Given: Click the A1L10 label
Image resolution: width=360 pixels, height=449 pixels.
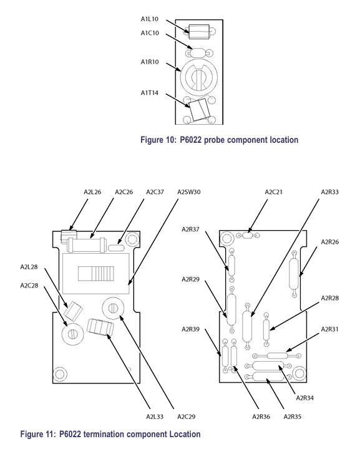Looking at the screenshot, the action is pos(149,19).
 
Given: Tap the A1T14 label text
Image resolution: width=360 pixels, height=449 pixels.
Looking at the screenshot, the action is pos(149,93).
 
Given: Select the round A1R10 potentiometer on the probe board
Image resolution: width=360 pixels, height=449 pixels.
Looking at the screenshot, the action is pos(199,77).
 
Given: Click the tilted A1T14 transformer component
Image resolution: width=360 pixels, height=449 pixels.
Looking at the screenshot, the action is pos(199,110).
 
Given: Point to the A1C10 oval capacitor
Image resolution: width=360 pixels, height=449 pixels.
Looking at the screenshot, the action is pos(199,53).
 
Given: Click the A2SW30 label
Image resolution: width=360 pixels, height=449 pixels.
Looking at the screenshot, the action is pos(189,192).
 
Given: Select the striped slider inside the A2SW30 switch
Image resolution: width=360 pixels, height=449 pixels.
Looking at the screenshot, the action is pos(96,274).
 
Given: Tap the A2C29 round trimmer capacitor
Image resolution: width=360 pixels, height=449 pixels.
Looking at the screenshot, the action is pos(113,308).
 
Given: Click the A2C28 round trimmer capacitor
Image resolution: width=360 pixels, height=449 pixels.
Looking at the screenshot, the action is pos(73,334).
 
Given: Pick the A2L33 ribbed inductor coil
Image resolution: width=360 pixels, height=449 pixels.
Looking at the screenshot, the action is pos(100,327).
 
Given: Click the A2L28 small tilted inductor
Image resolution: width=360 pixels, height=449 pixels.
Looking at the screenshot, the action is pos(73,311).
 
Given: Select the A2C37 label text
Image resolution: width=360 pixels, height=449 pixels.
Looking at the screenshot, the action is pos(155,192).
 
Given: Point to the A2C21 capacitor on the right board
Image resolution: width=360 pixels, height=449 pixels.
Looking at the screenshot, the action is pos(248,235).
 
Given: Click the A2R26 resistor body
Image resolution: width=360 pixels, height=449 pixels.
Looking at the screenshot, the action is pos(294,274).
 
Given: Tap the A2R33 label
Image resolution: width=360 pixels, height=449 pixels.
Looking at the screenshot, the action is pos(329,192).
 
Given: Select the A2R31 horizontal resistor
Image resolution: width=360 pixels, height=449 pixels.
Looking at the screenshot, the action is pos(277,355).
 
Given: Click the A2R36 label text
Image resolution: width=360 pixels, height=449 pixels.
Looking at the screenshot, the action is pos(261,417).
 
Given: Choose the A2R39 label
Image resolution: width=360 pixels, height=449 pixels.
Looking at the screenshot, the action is pos(190,329).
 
